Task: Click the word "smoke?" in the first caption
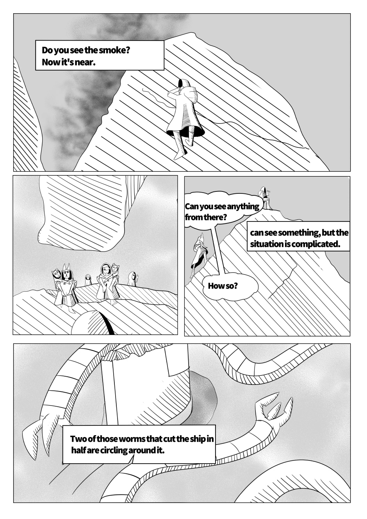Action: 114,50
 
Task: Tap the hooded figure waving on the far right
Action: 134,279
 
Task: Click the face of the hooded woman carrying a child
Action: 106,271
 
